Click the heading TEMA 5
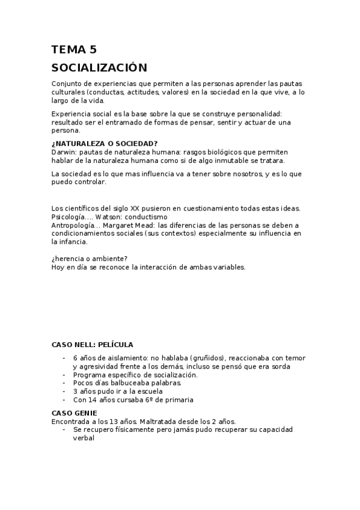tap(74, 50)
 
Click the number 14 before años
tap(93, 400)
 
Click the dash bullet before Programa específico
tap(64, 375)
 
